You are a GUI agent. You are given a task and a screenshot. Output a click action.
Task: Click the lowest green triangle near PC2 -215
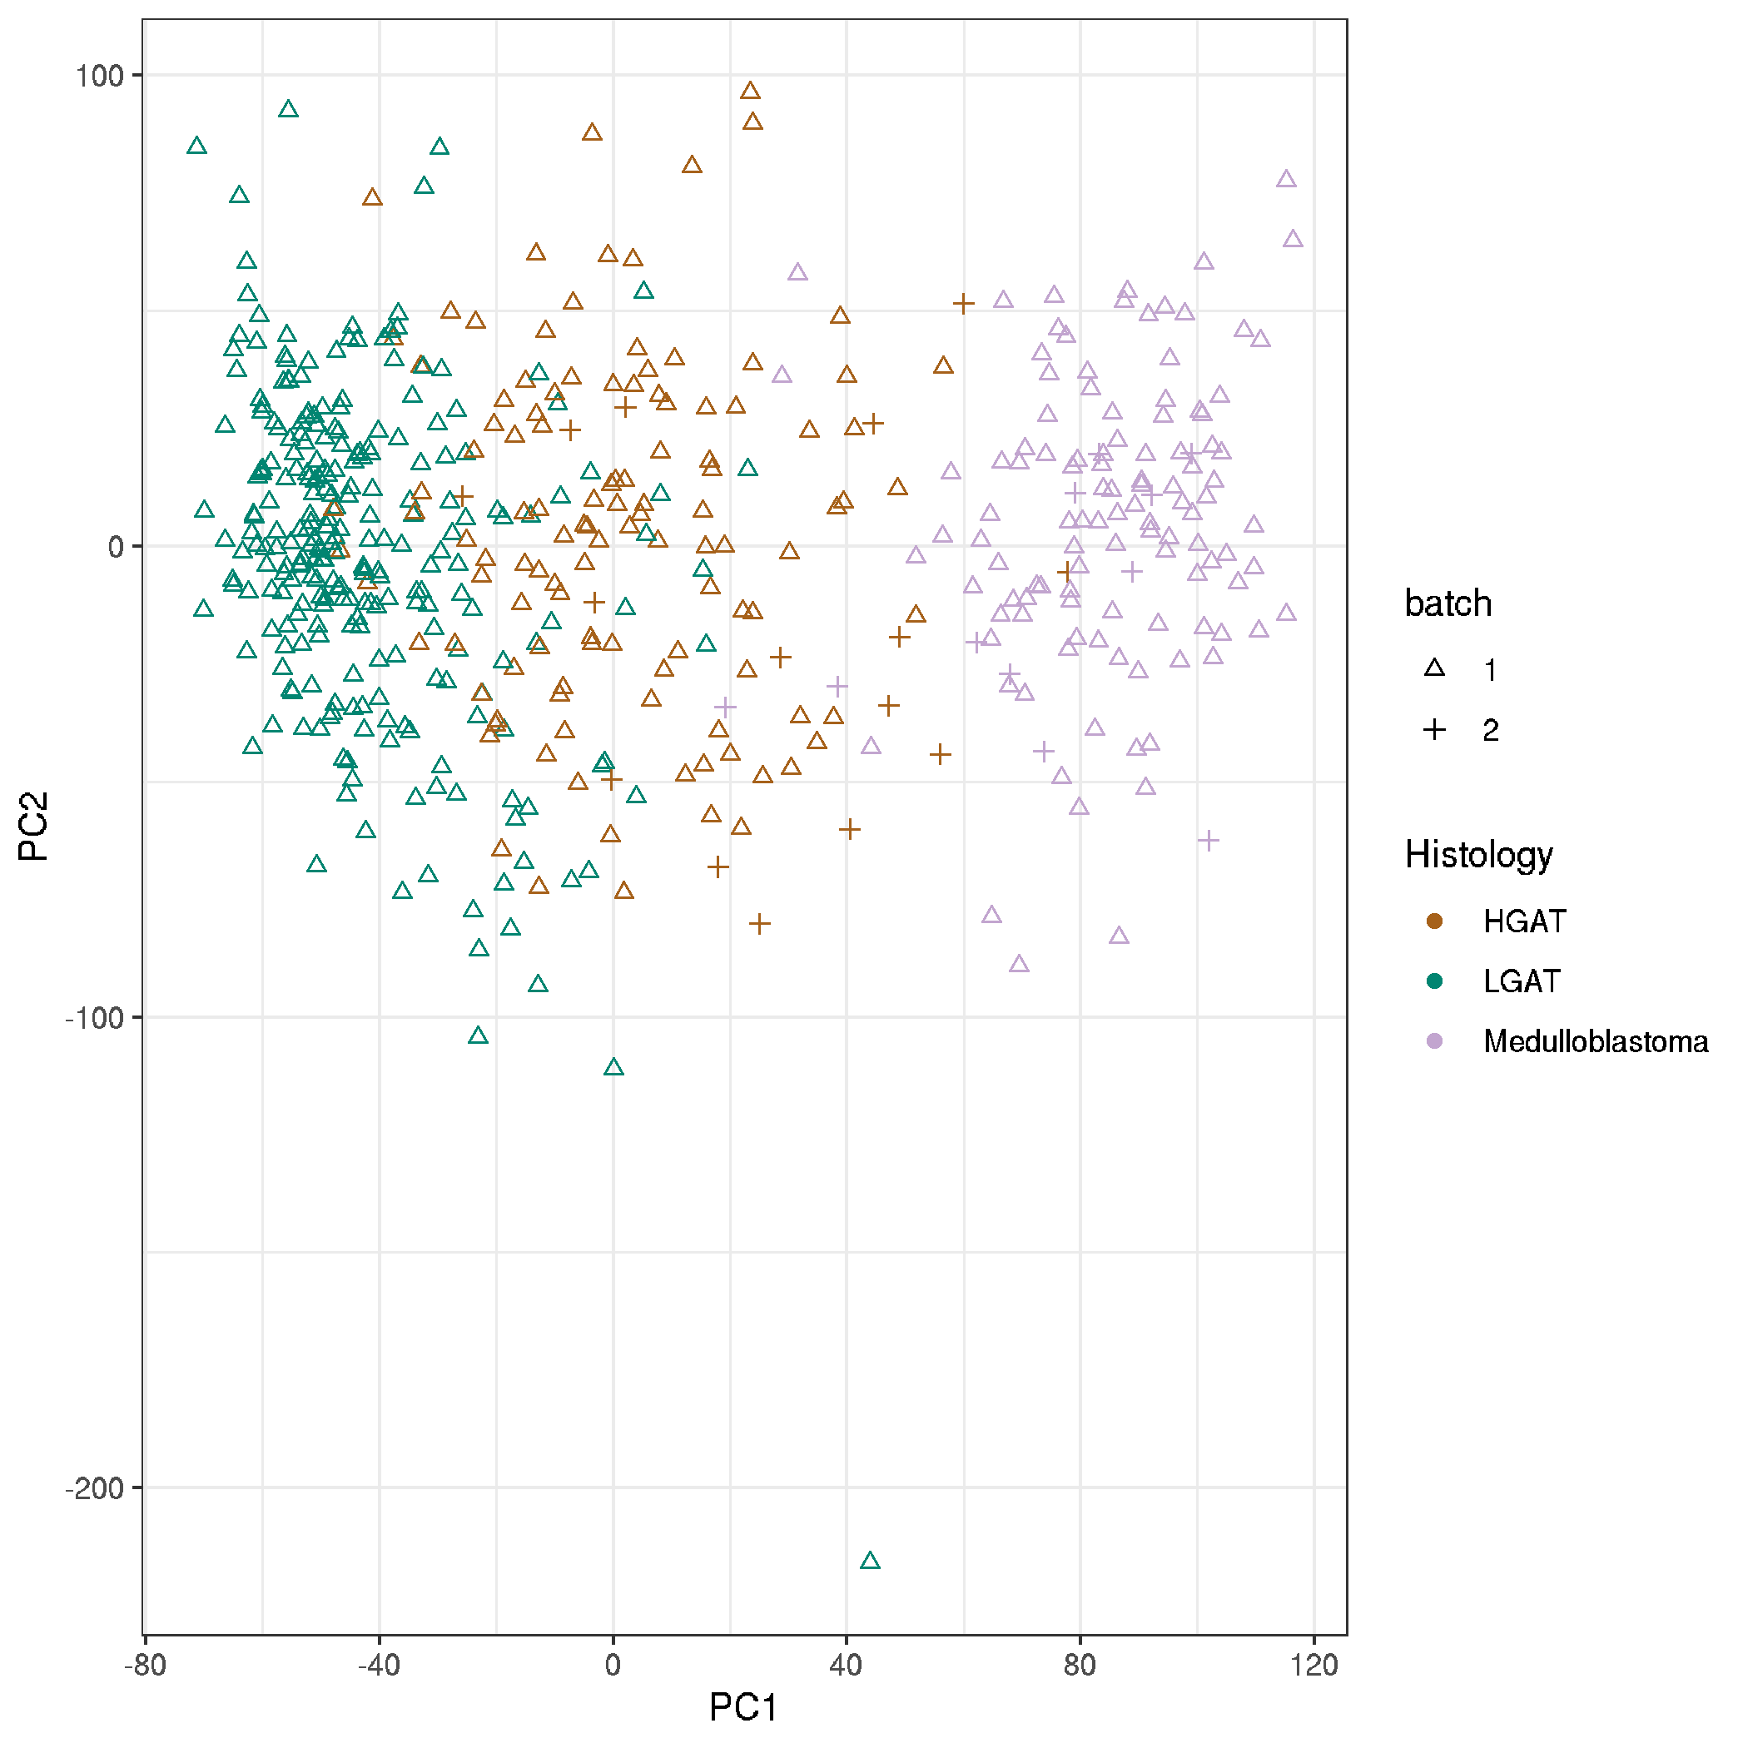pyautogui.click(x=870, y=1561)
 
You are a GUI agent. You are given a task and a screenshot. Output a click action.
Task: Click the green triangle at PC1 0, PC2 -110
pyautogui.click(x=613, y=1068)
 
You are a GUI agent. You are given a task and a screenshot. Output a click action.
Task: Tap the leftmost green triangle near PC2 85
pyautogui.click(x=196, y=146)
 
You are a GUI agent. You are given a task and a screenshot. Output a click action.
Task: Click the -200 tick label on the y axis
pyautogui.click(x=93, y=1488)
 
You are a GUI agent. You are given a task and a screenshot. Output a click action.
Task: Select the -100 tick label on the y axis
pyautogui.click(x=93, y=1018)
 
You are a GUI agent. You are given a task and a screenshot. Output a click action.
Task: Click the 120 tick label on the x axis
pyautogui.click(x=1313, y=1665)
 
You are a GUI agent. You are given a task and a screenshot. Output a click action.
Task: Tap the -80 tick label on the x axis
pyautogui.click(x=146, y=1665)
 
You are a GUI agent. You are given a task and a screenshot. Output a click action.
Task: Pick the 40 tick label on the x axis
pyautogui.click(x=846, y=1665)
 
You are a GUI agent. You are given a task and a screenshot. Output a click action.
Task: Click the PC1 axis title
pyautogui.click(x=742, y=1707)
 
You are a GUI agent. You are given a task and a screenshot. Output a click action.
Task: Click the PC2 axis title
pyautogui.click(x=33, y=826)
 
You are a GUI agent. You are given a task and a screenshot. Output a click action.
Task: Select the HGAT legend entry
pyautogui.click(x=1523, y=921)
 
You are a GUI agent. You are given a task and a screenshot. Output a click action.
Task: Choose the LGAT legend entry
pyautogui.click(x=1521, y=981)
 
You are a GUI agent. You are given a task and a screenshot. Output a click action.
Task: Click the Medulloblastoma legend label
pyautogui.click(x=1595, y=1041)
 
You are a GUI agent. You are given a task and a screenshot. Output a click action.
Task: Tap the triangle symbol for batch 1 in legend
pyautogui.click(x=1434, y=669)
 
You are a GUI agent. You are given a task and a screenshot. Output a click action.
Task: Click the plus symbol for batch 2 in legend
pyautogui.click(x=1434, y=729)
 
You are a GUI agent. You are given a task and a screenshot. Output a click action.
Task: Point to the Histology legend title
pyautogui.click(x=1478, y=854)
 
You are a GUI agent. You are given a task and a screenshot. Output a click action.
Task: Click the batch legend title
pyautogui.click(x=1448, y=603)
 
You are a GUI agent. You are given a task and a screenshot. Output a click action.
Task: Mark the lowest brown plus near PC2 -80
pyautogui.click(x=760, y=924)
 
